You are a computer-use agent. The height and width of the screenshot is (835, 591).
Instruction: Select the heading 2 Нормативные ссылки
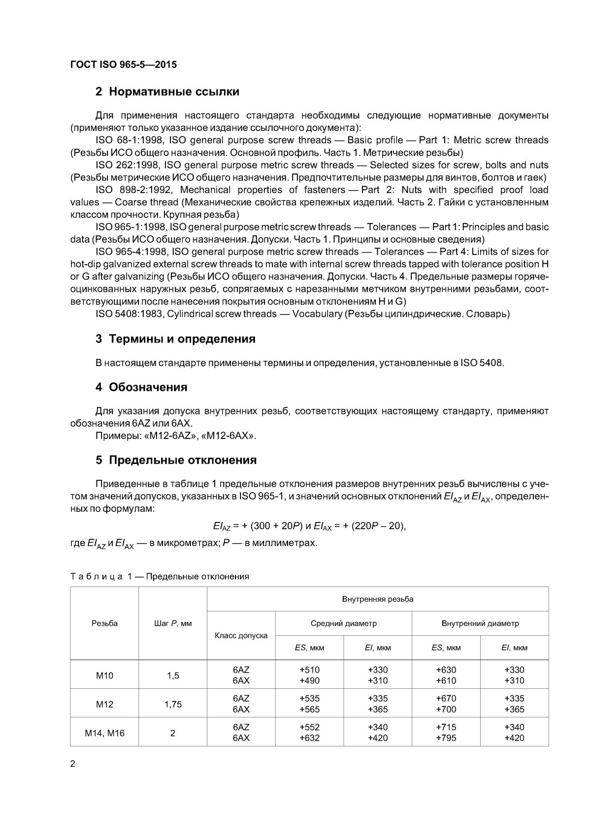coord(167,92)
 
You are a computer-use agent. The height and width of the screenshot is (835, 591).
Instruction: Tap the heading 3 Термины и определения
coord(175,339)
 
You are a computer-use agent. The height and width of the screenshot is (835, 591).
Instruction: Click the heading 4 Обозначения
coord(141,387)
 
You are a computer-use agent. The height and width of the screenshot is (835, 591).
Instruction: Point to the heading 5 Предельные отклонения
coord(176,460)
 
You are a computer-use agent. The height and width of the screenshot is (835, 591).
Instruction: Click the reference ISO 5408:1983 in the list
coord(129,314)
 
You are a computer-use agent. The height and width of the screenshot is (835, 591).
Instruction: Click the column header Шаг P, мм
coord(173,623)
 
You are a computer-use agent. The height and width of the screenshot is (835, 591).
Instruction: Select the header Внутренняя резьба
coord(377,599)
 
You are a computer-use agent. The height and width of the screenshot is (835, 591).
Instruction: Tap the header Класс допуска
coord(241,635)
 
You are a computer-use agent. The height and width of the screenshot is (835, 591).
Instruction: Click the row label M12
coord(104,704)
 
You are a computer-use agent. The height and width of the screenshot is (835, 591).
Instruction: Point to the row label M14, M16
coord(104,733)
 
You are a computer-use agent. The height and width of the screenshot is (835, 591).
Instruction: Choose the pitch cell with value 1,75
coord(173,704)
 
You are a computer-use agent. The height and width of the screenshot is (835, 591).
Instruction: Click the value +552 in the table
coord(309,727)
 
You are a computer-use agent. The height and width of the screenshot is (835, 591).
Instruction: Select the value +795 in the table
coord(446,738)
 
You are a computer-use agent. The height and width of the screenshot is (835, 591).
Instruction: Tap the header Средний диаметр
coord(343,623)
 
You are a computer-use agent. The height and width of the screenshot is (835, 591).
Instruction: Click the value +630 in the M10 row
coord(446,670)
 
